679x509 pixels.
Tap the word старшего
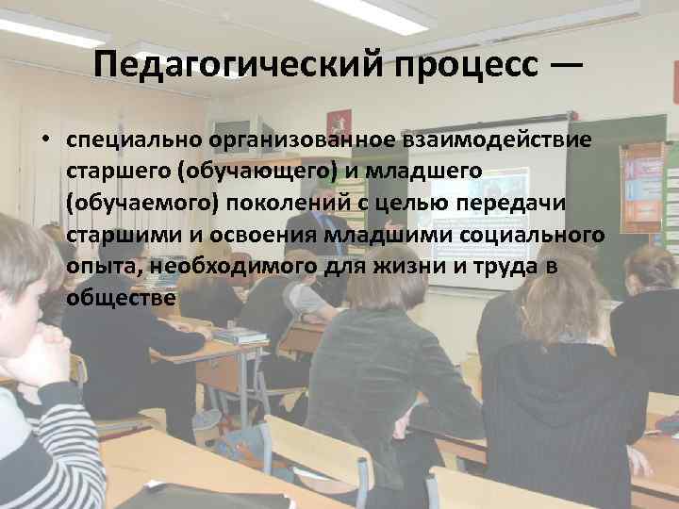108,172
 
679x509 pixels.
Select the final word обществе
121,298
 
